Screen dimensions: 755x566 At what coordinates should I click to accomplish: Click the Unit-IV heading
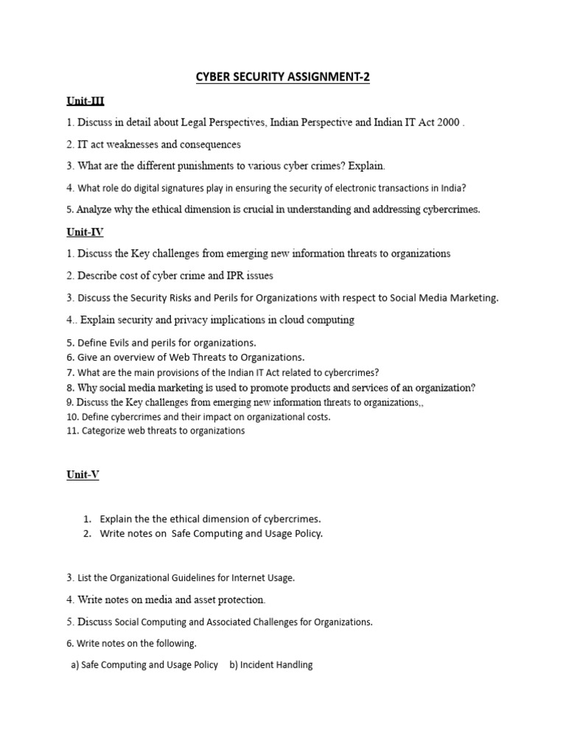click(85, 232)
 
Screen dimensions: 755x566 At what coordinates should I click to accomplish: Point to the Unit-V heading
click(83, 475)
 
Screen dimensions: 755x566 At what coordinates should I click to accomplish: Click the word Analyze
click(97, 209)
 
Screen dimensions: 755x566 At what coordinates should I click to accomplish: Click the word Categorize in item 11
click(106, 431)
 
